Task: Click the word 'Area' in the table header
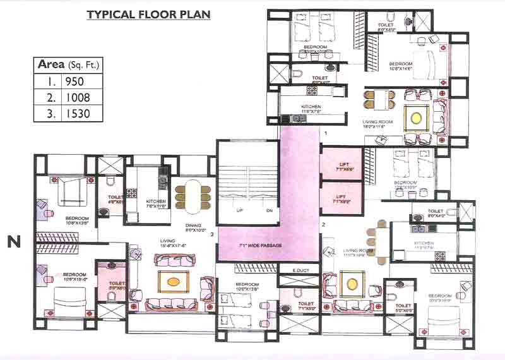click(x=51, y=64)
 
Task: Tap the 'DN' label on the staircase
click(x=269, y=210)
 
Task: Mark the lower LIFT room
click(x=341, y=199)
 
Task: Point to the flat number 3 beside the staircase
click(x=213, y=234)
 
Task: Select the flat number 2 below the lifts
click(x=323, y=224)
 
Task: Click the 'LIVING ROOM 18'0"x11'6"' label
click(x=377, y=124)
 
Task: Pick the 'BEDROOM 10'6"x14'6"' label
click(x=401, y=66)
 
